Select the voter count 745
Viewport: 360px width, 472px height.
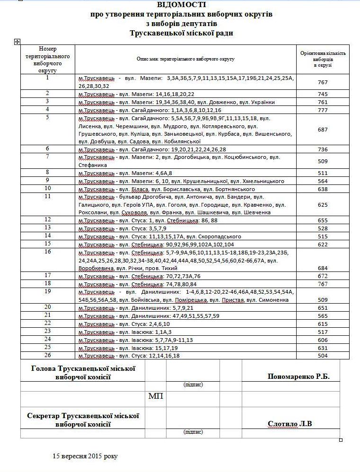point(323,94)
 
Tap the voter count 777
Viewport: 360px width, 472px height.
point(323,110)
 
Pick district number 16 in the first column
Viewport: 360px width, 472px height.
point(48,252)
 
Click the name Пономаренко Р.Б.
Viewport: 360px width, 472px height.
point(298,377)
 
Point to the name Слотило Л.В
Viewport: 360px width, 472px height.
point(290,424)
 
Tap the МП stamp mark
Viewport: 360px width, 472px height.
point(156,396)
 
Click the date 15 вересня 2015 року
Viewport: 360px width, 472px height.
point(85,456)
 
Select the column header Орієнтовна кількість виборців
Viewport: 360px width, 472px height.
point(323,59)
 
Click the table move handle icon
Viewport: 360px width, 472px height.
point(18,42)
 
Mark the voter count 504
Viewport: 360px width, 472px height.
point(323,356)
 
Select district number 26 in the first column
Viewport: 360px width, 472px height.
point(48,355)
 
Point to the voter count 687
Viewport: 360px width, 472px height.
point(323,130)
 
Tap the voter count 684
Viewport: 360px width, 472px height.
point(323,269)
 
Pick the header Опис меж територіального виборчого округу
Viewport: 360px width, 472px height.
point(185,59)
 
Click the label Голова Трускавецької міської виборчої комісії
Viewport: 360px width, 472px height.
point(83,373)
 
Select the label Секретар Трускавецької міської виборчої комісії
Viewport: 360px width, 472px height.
point(83,420)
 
